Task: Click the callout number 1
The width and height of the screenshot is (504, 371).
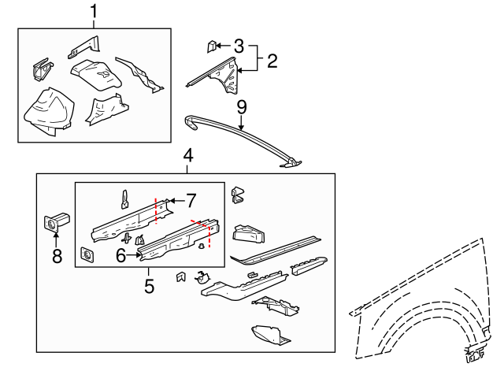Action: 94,11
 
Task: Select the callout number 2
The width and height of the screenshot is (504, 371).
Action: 272,61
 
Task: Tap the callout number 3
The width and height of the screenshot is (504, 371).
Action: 239,46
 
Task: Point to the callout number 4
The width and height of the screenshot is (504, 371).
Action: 188,156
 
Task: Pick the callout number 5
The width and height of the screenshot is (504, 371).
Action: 149,286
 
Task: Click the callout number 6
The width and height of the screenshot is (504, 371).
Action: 120,256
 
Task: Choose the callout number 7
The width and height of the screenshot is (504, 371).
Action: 191,201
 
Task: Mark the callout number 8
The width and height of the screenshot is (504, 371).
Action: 57,256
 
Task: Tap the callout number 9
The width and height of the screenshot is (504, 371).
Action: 242,107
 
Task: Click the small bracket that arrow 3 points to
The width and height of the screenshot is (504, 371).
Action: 211,46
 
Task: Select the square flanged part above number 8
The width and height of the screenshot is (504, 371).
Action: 56,221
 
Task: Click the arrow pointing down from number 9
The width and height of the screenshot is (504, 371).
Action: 242,123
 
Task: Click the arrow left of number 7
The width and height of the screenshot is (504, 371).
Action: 176,201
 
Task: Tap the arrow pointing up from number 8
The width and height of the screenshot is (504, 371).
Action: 56,241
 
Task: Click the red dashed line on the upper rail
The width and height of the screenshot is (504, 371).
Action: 156,211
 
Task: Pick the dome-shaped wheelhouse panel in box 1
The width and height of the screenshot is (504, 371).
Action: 49,112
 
